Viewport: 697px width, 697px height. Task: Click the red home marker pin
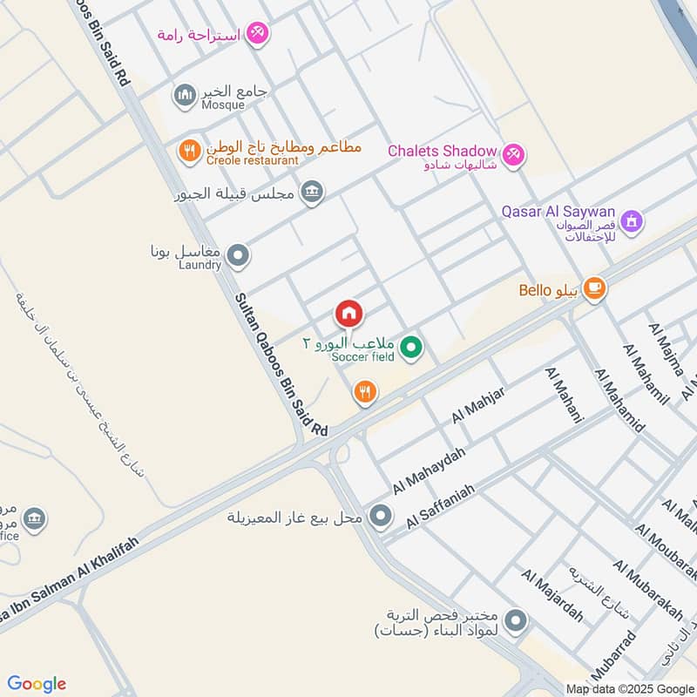(348, 313)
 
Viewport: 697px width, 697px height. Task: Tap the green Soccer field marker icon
(412, 349)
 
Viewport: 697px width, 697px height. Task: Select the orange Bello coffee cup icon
(594, 288)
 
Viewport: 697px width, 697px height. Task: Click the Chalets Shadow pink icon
(514, 153)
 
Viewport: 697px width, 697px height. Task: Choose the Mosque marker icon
(185, 96)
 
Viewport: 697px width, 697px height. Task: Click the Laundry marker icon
(238, 257)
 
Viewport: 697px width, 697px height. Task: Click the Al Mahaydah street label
(429, 471)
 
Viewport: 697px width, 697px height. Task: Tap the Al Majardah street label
(552, 595)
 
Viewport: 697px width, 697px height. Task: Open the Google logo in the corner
(37, 684)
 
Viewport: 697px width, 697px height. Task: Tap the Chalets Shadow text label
(442, 151)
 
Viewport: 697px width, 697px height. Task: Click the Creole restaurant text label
(252, 160)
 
